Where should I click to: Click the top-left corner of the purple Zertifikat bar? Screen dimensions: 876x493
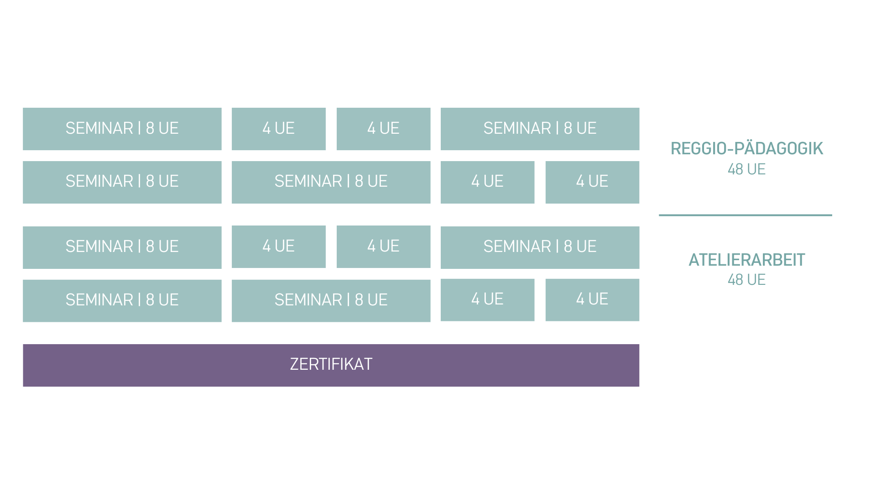[x=23, y=345]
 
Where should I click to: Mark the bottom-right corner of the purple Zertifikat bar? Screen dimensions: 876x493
[x=639, y=387]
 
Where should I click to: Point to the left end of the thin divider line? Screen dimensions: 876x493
[x=659, y=215]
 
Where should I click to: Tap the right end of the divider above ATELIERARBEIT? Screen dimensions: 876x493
[x=832, y=215]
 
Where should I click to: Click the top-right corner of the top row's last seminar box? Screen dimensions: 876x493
[x=639, y=108]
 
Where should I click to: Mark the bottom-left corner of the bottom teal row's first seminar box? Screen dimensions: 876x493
[x=23, y=322]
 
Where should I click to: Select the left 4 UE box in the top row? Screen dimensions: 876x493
[x=279, y=129]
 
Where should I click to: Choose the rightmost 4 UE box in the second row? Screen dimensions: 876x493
[x=592, y=182]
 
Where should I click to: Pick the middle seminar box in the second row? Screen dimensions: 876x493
[x=331, y=182]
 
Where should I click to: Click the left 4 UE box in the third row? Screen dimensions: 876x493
[x=279, y=246]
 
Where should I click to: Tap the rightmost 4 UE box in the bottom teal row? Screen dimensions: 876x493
[x=592, y=300]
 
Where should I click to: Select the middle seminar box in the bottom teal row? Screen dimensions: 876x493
[x=331, y=301]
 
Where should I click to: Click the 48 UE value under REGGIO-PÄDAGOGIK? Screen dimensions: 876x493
[x=746, y=169]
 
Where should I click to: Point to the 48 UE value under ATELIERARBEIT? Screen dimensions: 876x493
[x=746, y=280]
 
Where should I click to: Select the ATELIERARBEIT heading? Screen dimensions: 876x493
[x=746, y=260]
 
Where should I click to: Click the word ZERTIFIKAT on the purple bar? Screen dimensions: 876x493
[x=331, y=364]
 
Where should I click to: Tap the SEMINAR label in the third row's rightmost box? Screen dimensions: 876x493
[x=517, y=246]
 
